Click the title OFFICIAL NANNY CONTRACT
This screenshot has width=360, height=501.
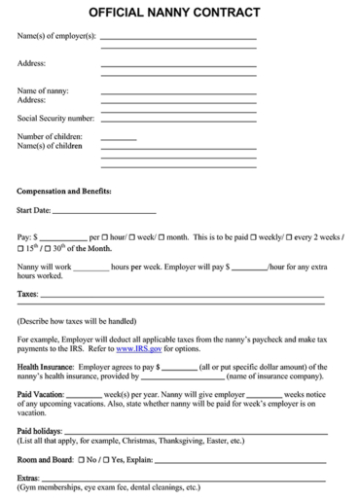click(x=179, y=13)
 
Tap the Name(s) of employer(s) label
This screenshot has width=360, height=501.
click(x=56, y=37)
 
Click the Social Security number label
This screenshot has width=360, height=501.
click(x=55, y=118)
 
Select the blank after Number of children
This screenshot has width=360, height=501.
click(x=118, y=137)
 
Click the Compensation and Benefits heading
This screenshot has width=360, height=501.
click(x=64, y=191)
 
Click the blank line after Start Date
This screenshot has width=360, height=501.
click(x=104, y=210)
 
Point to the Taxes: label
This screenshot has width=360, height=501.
click(x=28, y=293)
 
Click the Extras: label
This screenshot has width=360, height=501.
click(x=29, y=478)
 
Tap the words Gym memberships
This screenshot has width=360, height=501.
click(x=54, y=487)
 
